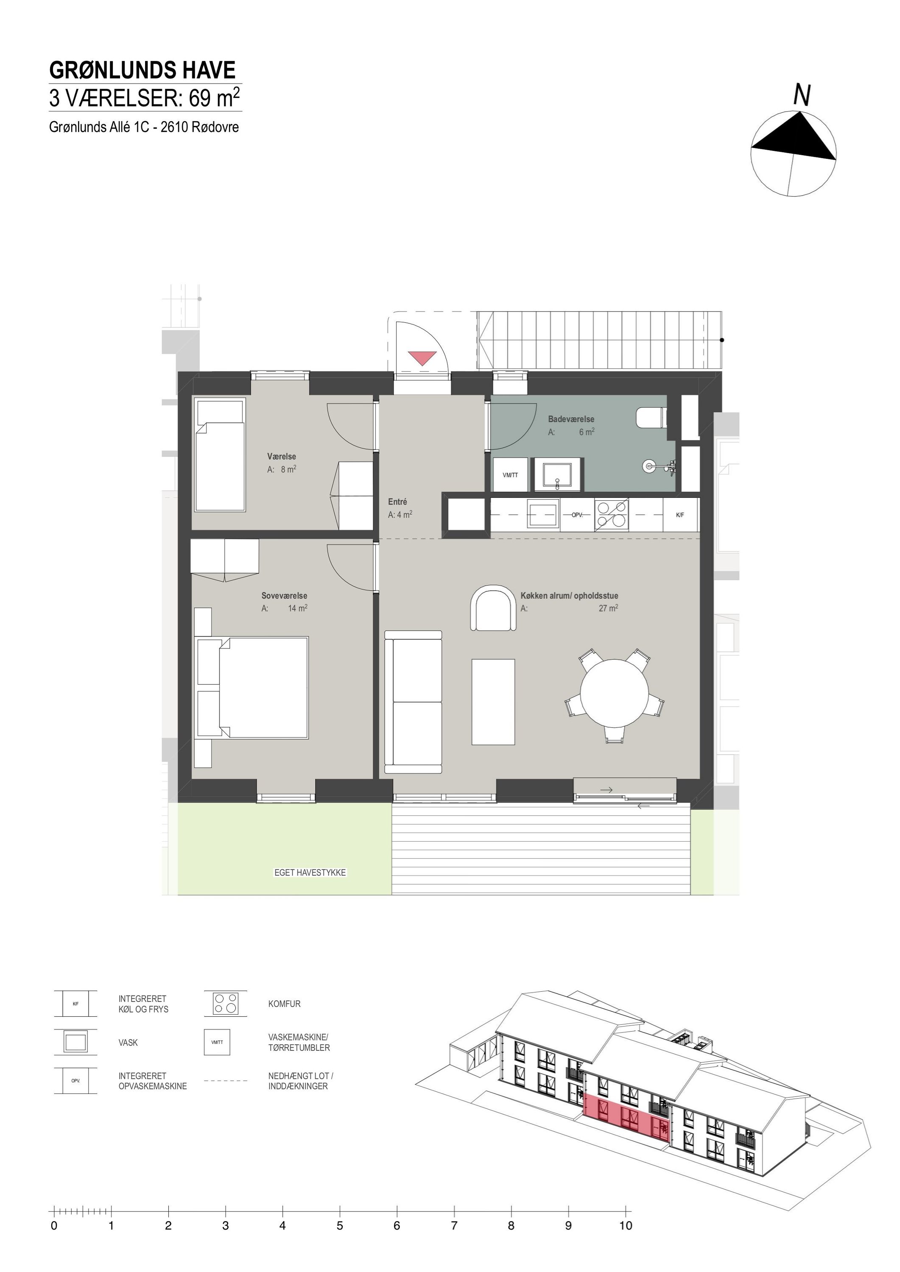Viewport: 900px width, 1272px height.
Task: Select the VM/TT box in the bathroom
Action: coord(510,475)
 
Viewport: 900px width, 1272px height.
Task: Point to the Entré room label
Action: coord(397,502)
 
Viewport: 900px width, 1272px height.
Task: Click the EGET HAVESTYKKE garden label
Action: coord(310,873)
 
